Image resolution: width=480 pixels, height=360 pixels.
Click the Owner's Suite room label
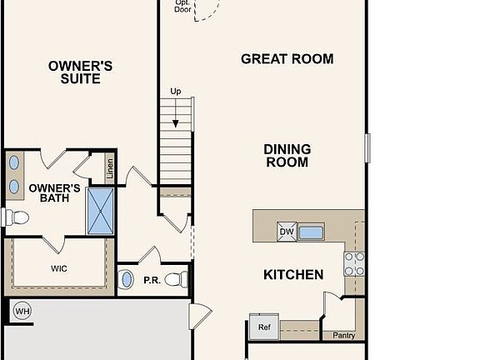(x=80, y=72)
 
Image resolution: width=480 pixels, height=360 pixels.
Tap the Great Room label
(x=287, y=59)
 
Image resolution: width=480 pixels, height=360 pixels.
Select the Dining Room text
(x=287, y=156)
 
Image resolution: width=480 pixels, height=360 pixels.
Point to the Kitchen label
(x=293, y=274)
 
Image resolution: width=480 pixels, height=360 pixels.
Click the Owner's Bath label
(x=54, y=194)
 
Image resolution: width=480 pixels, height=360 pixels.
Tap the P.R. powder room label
(x=152, y=280)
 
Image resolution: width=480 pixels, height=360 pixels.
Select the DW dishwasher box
(x=286, y=232)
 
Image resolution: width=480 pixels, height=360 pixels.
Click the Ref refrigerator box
(x=264, y=327)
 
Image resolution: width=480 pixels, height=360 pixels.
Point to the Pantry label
(x=343, y=336)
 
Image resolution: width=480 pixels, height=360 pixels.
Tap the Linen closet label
(x=109, y=168)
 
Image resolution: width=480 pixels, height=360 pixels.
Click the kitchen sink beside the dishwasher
(x=311, y=232)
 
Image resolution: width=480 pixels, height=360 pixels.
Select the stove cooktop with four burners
(x=354, y=263)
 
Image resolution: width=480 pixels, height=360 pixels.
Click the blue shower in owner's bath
(x=100, y=211)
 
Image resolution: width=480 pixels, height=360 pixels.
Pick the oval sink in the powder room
(x=127, y=279)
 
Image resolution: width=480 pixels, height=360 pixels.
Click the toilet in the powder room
(x=177, y=279)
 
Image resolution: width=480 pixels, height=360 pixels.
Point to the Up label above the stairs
(x=175, y=91)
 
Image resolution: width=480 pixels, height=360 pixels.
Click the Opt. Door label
(x=182, y=6)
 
